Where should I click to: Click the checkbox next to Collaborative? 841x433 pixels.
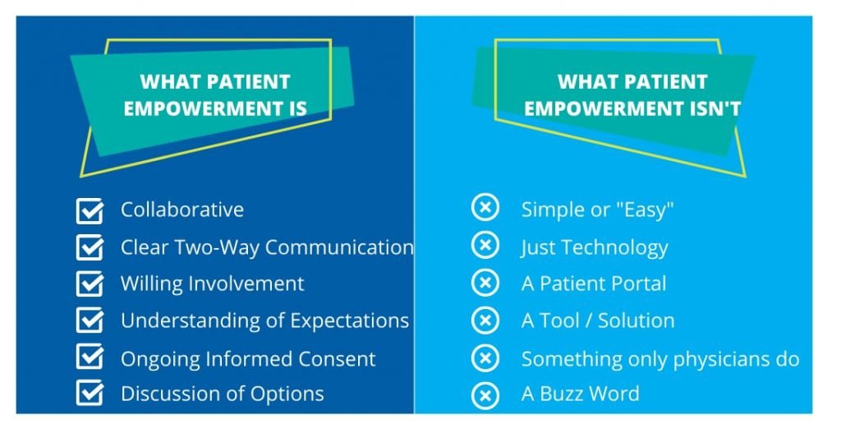pyautogui.click(x=90, y=211)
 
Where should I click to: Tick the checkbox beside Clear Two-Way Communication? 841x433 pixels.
pyautogui.click(x=90, y=247)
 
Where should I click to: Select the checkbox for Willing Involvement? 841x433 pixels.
pyautogui.click(x=90, y=283)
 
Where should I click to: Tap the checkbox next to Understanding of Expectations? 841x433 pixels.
pyautogui.click(x=90, y=320)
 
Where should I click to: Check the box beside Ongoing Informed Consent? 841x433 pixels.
pyautogui.click(x=90, y=357)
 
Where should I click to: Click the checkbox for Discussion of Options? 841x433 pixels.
pyautogui.click(x=90, y=394)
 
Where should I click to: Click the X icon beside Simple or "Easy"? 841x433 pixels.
pyautogui.click(x=485, y=208)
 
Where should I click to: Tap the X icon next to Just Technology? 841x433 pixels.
pyautogui.click(x=485, y=245)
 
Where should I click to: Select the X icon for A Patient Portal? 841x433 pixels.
pyautogui.click(x=485, y=283)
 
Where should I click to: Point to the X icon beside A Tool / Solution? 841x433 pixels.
pyautogui.click(x=485, y=320)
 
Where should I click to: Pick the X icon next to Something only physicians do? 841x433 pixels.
pyautogui.click(x=485, y=358)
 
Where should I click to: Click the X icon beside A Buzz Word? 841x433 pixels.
pyautogui.click(x=485, y=396)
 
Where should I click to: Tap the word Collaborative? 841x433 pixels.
pyautogui.click(x=182, y=210)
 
